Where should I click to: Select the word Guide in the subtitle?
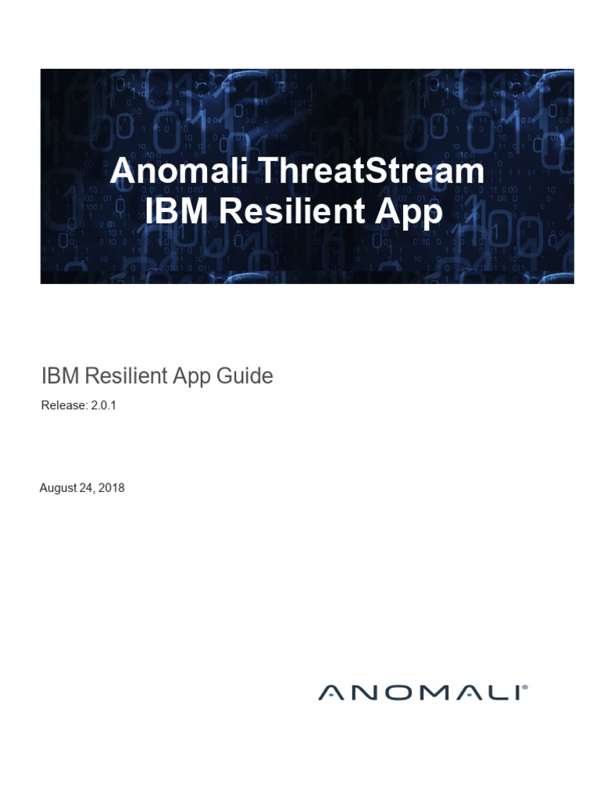(x=245, y=376)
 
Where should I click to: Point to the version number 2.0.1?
(x=104, y=406)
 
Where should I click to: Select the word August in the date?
(x=59, y=488)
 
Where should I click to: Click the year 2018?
(x=111, y=488)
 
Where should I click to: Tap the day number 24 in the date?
(x=87, y=488)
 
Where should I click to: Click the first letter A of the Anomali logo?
(x=330, y=692)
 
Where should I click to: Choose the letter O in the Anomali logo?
(x=395, y=692)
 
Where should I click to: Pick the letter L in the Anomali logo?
(x=491, y=692)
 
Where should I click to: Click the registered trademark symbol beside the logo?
(x=524, y=688)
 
